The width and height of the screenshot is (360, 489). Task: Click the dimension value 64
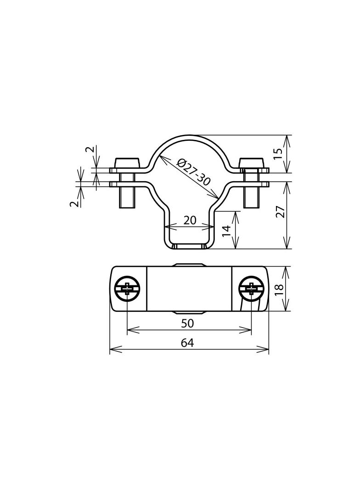click(x=187, y=343)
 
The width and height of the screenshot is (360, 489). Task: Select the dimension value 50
click(x=187, y=323)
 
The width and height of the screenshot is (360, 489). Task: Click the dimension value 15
click(x=279, y=154)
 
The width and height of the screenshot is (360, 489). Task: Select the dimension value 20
click(x=190, y=220)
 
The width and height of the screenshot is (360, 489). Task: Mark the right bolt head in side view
click(x=252, y=163)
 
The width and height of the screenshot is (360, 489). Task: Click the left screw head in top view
click(x=127, y=289)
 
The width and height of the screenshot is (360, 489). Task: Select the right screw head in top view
click(x=252, y=289)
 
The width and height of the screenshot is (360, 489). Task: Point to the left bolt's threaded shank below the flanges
click(x=127, y=198)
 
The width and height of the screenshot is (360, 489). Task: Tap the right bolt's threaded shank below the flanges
click(x=251, y=198)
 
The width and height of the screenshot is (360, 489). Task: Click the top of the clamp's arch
click(x=189, y=137)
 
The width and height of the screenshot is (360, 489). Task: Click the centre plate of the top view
click(x=189, y=289)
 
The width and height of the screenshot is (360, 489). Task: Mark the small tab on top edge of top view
click(x=189, y=265)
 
